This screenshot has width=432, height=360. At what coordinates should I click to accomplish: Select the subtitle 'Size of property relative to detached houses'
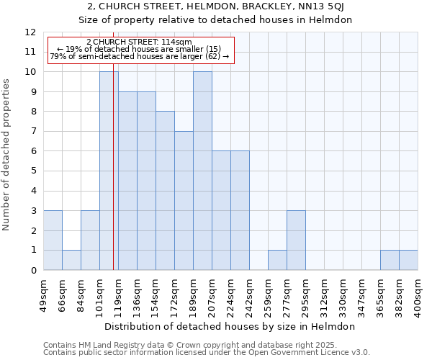(215, 20)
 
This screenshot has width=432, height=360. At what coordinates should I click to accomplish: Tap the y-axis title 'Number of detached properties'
(6, 151)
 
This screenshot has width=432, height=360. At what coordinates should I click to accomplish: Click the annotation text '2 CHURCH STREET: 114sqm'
(139, 42)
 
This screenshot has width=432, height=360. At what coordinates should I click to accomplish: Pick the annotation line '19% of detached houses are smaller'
(139, 49)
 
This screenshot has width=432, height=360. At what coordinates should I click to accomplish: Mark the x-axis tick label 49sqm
(44, 294)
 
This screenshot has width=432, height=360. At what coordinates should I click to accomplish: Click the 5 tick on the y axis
(32, 171)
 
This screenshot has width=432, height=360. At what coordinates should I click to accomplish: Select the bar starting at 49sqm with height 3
(53, 240)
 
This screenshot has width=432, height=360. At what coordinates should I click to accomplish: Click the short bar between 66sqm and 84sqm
(71, 260)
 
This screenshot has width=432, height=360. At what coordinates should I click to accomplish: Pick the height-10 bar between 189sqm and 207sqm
(202, 171)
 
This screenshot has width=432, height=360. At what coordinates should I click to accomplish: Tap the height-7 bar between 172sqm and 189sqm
(184, 201)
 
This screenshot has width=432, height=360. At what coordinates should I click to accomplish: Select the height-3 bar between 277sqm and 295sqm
(296, 240)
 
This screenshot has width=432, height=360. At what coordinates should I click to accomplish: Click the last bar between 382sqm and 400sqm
(408, 260)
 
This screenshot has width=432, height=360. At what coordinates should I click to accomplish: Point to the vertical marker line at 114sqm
(113, 180)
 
